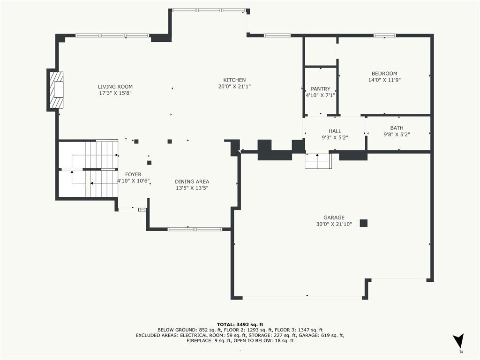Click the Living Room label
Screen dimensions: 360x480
coord(115,87)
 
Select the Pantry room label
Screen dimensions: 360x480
coord(321,89)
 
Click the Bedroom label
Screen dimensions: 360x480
coord(384,74)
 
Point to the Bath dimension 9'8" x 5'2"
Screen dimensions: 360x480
coord(397,135)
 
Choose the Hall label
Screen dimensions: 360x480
coord(335,131)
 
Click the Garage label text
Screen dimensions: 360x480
coord(334,217)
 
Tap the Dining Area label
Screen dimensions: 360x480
coord(192,182)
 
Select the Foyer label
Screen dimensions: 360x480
coord(133,174)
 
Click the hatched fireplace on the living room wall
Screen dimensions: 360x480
coord(57,90)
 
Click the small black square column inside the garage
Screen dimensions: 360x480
coord(364,223)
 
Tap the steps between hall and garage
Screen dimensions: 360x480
coord(318,162)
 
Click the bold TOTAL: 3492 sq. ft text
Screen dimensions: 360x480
coord(240,324)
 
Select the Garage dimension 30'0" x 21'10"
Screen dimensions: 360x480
coord(334,224)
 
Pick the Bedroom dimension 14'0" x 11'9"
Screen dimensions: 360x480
coord(384,80)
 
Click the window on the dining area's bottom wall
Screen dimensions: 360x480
coord(195,229)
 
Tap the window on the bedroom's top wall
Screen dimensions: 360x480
coord(384,35)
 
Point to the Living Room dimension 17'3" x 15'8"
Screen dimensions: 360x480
coord(115,93)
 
